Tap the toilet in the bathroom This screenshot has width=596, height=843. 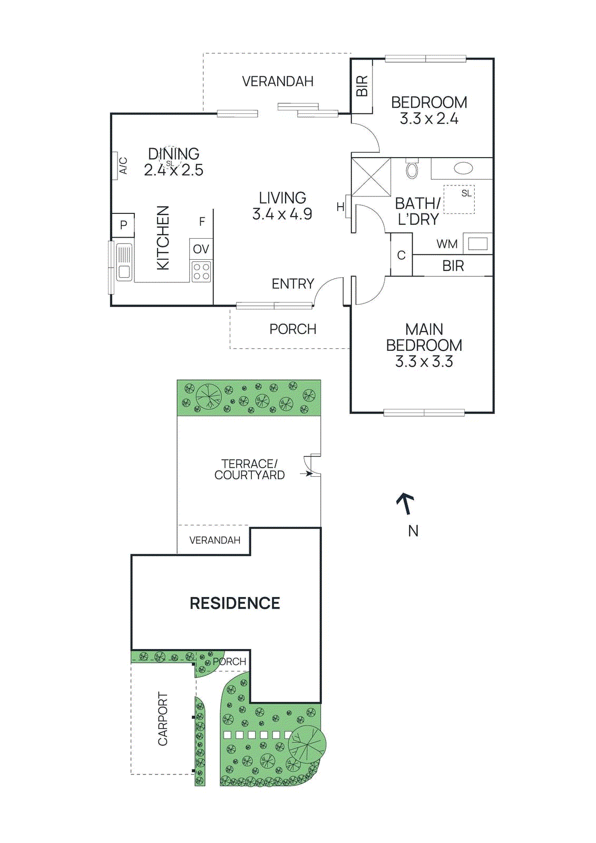click(412, 169)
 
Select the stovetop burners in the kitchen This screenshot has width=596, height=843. click(201, 271)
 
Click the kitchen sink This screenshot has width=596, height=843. click(124, 262)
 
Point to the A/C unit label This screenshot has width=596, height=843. click(123, 165)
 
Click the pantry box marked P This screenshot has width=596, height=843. click(123, 225)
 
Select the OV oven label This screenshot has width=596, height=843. click(201, 249)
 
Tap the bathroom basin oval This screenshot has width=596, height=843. click(463, 169)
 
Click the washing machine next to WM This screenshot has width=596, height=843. click(478, 244)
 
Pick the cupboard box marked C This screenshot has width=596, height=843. click(401, 256)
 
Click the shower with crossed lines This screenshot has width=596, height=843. click(371, 177)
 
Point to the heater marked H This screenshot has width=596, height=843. click(341, 207)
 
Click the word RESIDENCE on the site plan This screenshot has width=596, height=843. click(235, 603)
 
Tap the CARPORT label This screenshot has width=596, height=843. click(163, 719)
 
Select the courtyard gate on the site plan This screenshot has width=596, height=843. click(312, 465)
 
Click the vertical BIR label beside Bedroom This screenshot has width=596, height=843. click(362, 86)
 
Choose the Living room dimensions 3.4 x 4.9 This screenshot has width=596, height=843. click(282, 214)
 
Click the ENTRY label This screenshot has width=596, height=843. click(292, 284)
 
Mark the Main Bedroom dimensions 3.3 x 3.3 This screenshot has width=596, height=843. click(424, 361)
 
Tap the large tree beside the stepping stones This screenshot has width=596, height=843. click(307, 744)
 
